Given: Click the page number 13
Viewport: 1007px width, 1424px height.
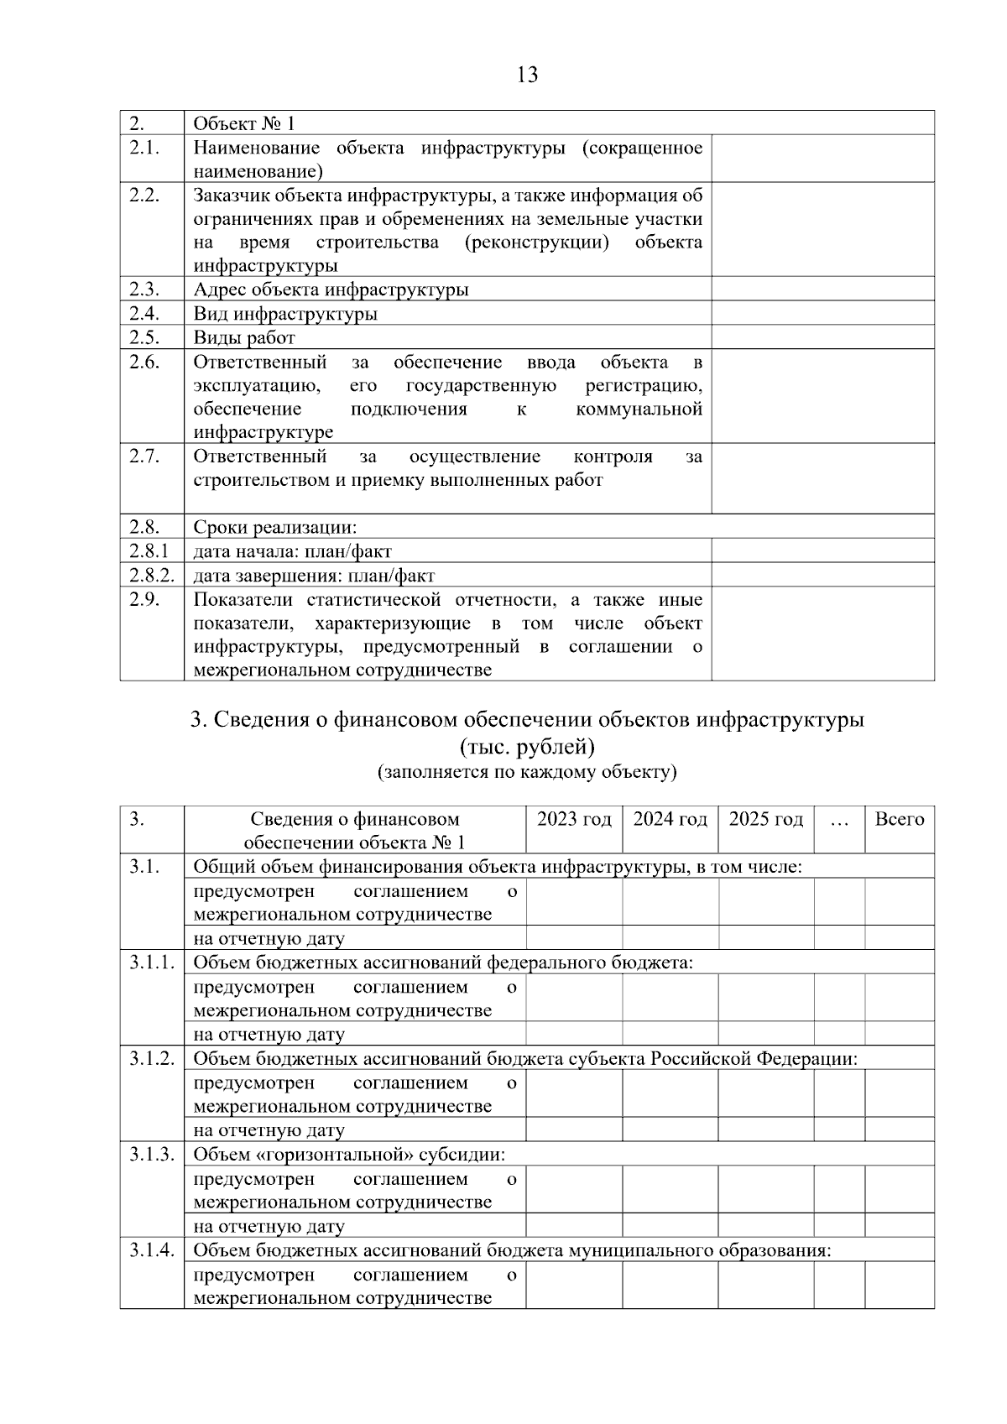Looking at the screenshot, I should (527, 76).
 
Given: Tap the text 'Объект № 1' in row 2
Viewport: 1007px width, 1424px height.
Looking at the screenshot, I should (244, 124).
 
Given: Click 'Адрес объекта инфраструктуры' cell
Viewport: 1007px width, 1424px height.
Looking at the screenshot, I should (331, 290).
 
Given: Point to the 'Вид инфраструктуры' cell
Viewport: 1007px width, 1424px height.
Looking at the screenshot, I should (285, 315).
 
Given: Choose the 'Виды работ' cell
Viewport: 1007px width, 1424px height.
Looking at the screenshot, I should (244, 338).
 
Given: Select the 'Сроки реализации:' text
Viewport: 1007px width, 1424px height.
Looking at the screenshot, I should (275, 528).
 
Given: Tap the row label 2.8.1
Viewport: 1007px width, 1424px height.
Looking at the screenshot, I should (149, 551).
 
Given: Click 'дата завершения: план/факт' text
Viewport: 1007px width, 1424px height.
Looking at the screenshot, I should (314, 576).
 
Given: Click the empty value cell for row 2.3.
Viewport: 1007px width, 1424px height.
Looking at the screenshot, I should (822, 289).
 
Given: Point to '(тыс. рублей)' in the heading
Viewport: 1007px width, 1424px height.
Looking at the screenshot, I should (527, 747).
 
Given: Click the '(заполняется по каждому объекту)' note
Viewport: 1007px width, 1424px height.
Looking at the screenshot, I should (527, 772).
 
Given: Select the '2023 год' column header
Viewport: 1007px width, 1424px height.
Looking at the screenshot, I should (574, 819).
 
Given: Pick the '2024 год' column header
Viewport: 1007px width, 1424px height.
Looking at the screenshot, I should (670, 819).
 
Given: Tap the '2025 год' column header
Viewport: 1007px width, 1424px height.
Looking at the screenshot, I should (765, 819).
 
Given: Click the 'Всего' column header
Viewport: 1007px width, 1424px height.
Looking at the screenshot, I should (899, 819).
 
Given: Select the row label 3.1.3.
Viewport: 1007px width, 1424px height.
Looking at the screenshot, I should (151, 1155).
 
